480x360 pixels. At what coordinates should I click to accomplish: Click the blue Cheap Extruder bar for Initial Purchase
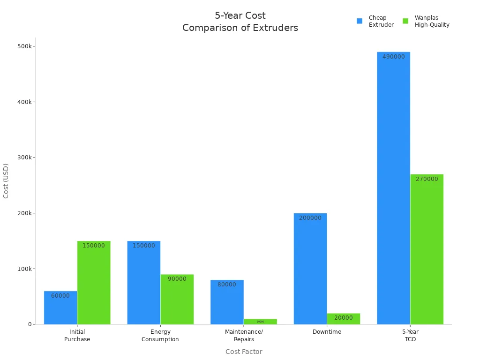point(60,308)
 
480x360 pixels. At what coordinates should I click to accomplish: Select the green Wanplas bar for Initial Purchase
point(94,283)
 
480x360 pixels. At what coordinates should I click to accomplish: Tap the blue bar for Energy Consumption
point(143,283)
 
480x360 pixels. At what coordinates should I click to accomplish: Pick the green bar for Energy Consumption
point(177,299)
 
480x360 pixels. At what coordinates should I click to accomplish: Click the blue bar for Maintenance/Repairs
point(227,302)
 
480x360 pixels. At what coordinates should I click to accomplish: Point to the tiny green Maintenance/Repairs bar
point(260,322)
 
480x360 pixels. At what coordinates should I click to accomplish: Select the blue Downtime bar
point(310,269)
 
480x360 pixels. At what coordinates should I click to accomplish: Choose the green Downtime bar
point(344,319)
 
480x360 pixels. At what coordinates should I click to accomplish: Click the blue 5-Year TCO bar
point(393,188)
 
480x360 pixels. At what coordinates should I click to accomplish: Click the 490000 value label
point(393,57)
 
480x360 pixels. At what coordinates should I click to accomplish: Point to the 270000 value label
point(427,179)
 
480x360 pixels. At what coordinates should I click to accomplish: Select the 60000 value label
point(60,296)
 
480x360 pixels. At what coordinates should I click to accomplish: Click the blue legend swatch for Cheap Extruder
point(360,21)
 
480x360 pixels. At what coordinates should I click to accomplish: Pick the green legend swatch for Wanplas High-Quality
point(405,21)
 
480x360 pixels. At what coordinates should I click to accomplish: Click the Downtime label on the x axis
point(327,332)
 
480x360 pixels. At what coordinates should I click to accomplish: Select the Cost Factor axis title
point(244,352)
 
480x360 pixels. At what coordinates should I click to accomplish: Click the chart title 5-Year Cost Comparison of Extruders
point(240,22)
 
